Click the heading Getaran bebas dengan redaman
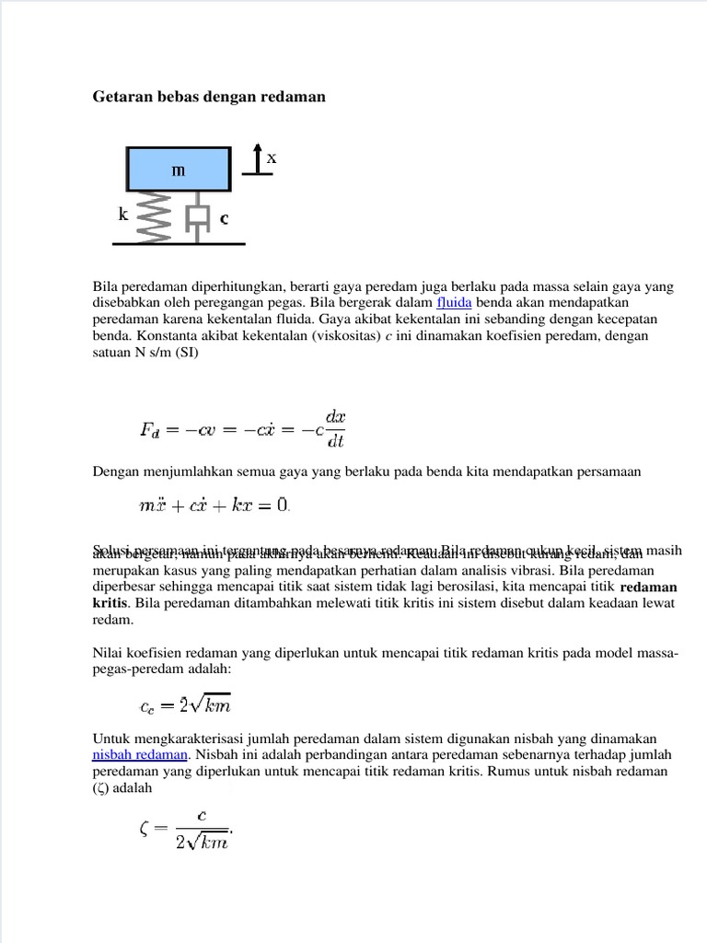click(x=209, y=97)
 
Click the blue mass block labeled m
click(x=178, y=169)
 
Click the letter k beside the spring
click(x=123, y=215)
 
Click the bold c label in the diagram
click(x=224, y=219)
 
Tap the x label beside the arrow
click(x=272, y=158)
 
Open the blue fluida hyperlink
click(x=454, y=302)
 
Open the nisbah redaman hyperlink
click(x=140, y=755)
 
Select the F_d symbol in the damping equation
click(x=149, y=429)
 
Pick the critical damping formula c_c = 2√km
click(x=185, y=705)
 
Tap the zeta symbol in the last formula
click(x=145, y=828)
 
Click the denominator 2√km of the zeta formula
click(x=202, y=840)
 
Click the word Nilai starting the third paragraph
click(x=109, y=654)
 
